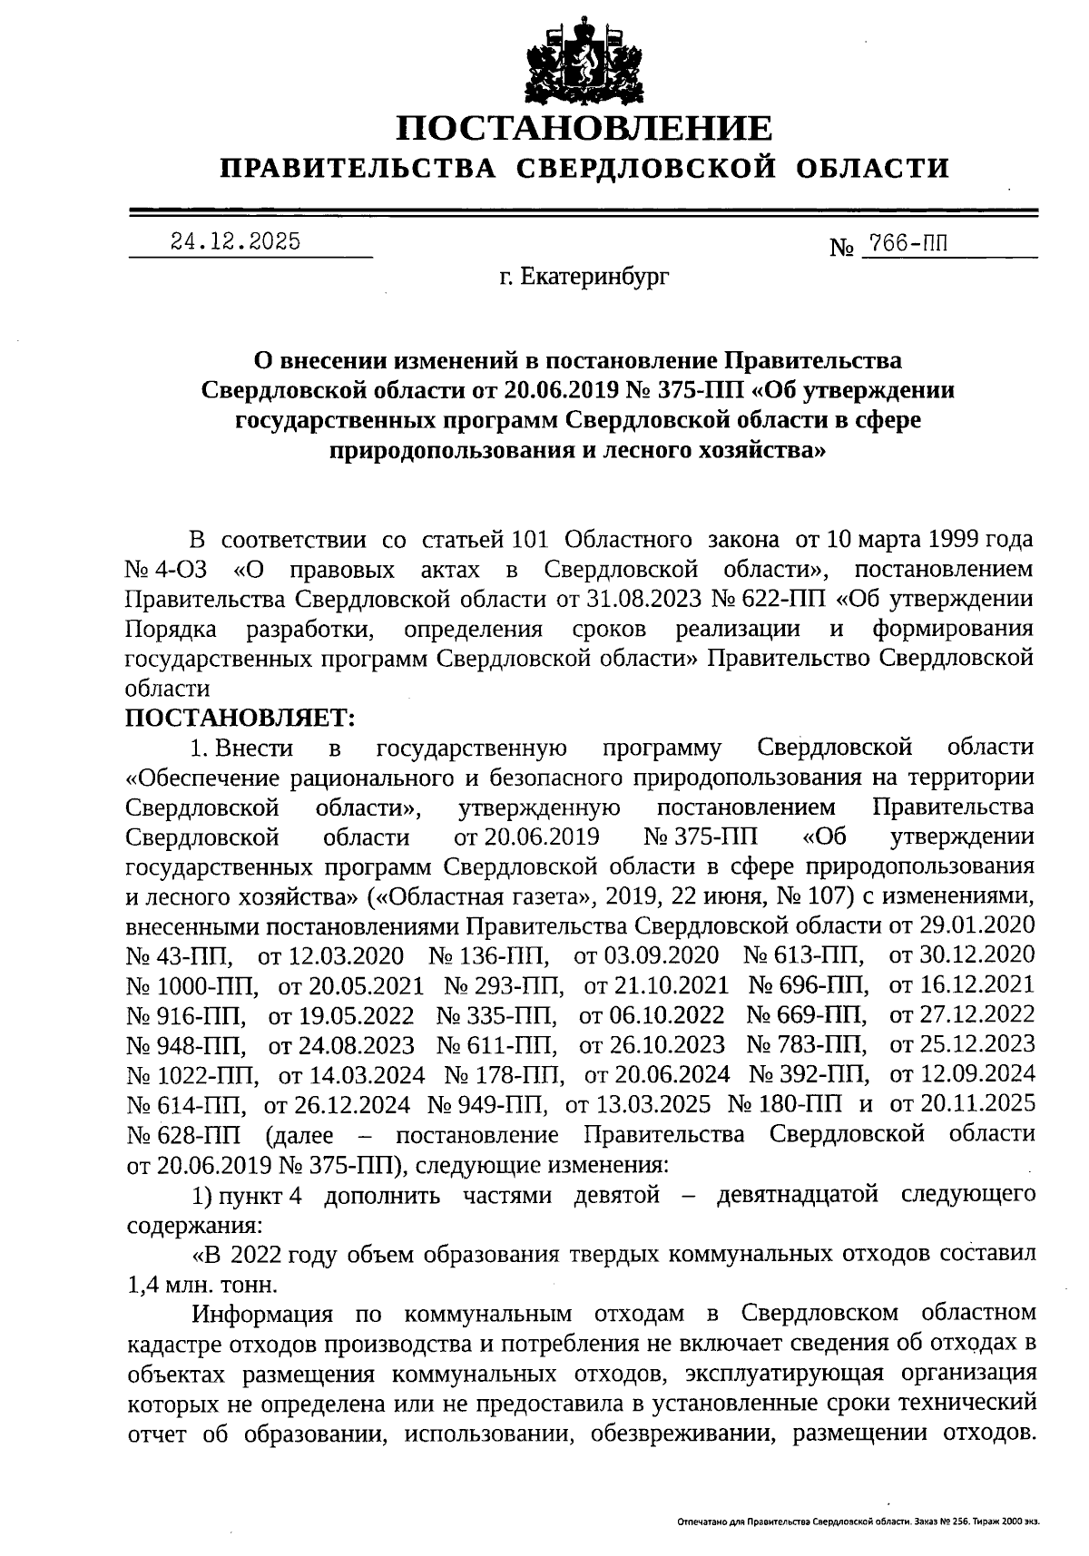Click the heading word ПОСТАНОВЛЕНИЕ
(x=584, y=128)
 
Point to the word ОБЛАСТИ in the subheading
(x=874, y=169)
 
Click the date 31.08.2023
(x=619, y=599)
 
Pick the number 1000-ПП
(x=192, y=984)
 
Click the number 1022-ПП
(x=192, y=1075)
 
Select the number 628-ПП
(x=185, y=1135)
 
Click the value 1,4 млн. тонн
(x=201, y=1285)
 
